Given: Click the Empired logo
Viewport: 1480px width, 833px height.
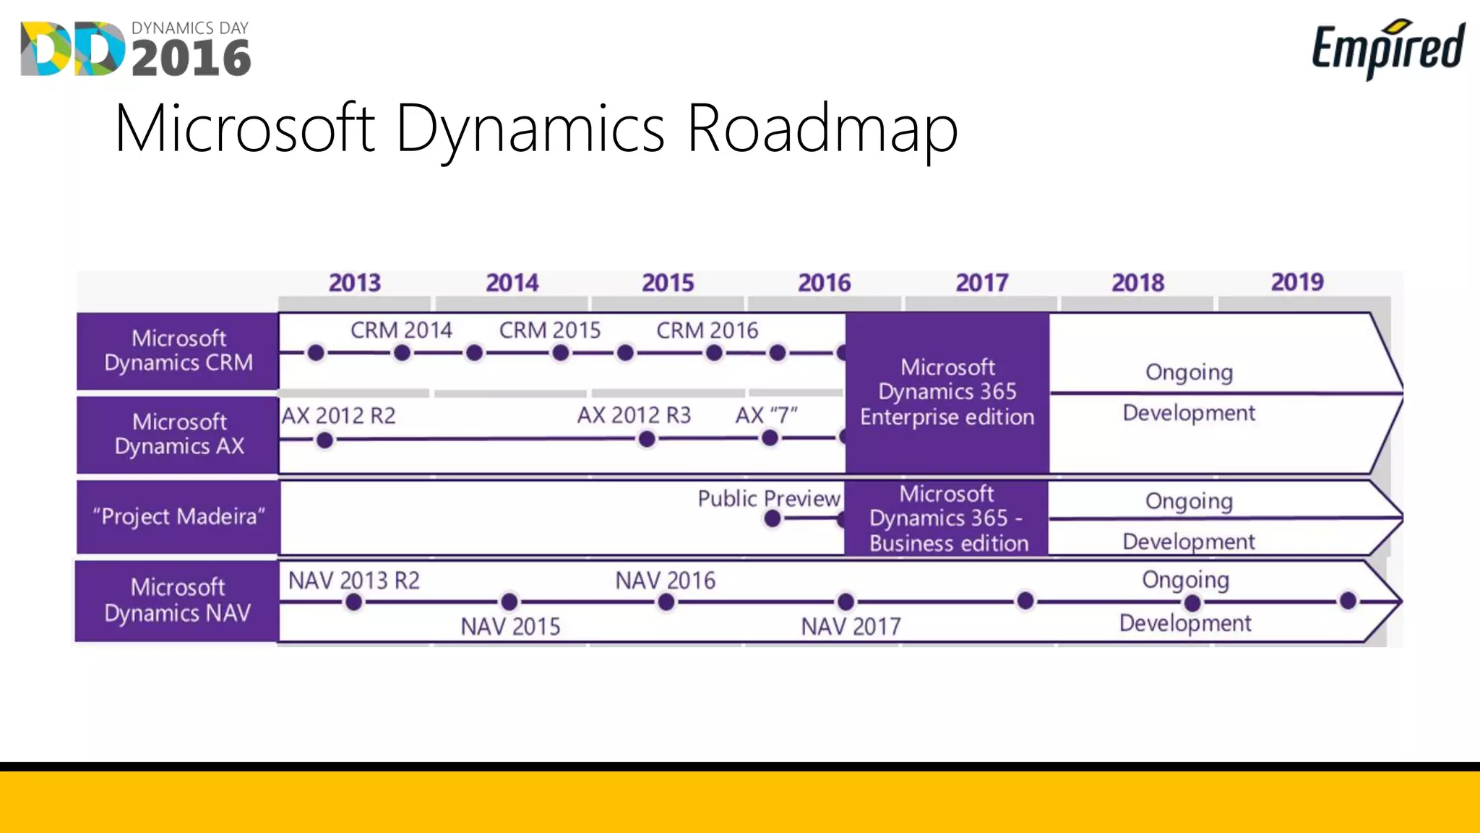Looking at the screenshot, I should point(1388,48).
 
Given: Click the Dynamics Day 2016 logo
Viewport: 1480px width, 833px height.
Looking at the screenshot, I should point(136,48).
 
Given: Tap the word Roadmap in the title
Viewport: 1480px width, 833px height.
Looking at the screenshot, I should point(822,129).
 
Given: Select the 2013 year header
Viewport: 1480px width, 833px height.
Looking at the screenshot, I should point(354,283).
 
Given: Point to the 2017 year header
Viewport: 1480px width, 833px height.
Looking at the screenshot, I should point(981,283).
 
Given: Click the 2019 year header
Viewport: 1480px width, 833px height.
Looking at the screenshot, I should point(1297,282).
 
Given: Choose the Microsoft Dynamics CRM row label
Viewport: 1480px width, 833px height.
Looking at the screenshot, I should point(178,351).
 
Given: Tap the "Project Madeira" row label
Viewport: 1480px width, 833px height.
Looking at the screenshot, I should point(178,516).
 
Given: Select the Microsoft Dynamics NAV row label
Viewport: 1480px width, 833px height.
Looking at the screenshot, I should point(178,600).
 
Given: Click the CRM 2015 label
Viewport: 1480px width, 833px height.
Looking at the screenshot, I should point(550,330).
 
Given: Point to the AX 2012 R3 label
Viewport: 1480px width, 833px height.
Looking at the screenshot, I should point(634,415).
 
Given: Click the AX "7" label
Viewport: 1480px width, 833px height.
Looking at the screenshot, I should point(766,415).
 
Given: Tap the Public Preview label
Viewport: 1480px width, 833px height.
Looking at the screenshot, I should point(769,498).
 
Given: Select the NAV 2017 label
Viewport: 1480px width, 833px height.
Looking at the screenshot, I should point(851,626).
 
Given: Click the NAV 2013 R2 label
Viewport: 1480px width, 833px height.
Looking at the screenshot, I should point(353,580).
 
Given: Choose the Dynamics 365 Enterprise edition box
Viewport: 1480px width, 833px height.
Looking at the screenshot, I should point(947,393).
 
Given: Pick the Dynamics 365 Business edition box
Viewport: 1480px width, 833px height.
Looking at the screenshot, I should point(947,518).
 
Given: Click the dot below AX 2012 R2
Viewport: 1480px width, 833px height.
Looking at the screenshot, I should point(324,440).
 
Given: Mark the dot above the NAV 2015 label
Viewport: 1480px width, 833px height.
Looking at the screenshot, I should point(509,602).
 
